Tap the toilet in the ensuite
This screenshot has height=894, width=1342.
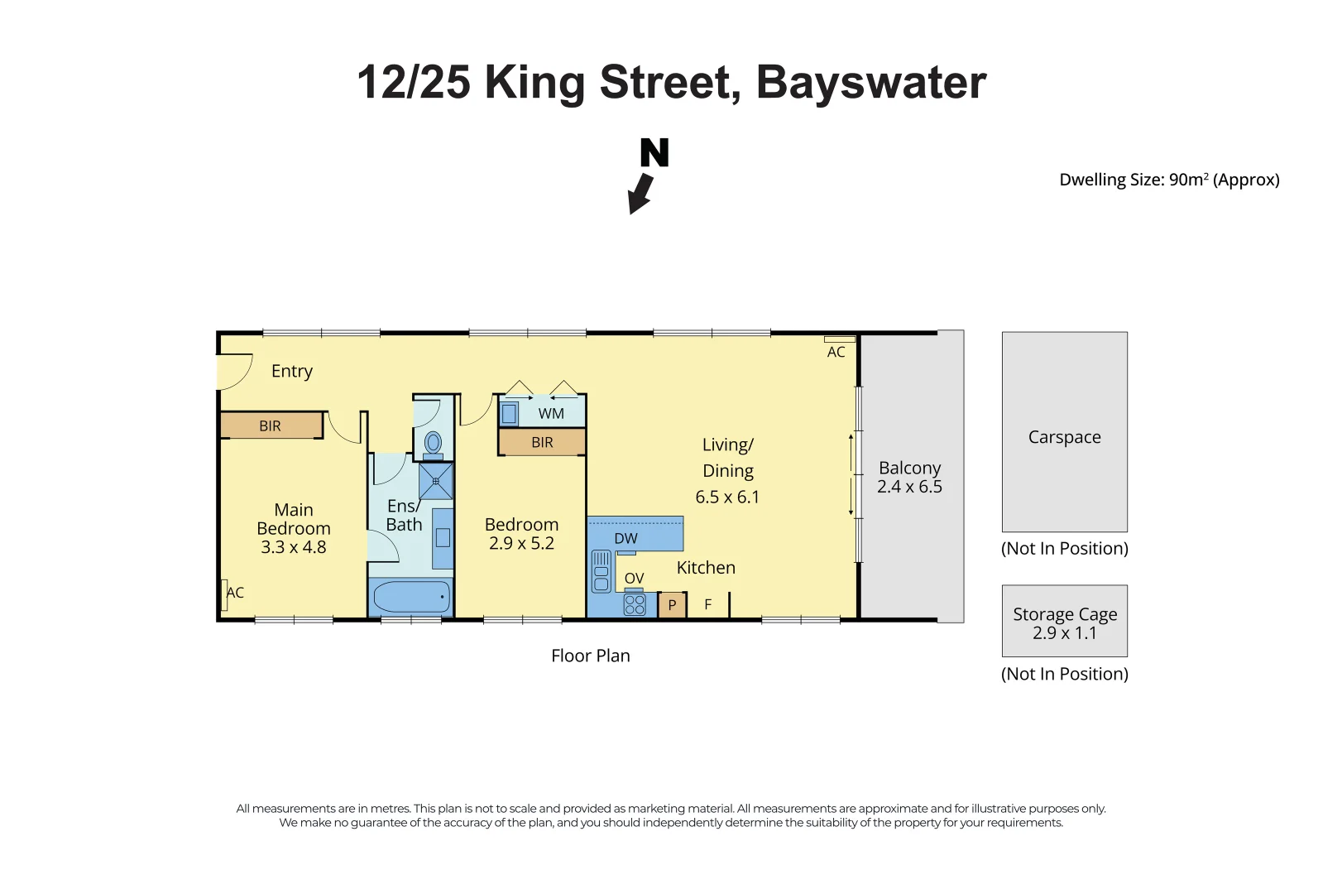coord(433,444)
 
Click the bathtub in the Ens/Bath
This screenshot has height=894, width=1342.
coord(411,596)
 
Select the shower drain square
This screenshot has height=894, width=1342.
coord(436,481)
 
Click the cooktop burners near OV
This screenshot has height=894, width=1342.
coord(635,604)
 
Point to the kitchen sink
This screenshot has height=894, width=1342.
coord(602,572)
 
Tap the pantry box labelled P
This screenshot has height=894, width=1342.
coord(672,605)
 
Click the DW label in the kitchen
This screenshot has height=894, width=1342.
coord(626,538)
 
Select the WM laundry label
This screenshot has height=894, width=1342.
coord(551,413)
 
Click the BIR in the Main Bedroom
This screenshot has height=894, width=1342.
coord(271,425)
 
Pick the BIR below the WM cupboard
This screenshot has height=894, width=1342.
coord(542,442)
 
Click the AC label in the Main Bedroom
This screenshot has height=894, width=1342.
coord(235,593)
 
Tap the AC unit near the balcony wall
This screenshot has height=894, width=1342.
coord(839,339)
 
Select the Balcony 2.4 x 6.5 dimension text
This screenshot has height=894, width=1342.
coord(909,487)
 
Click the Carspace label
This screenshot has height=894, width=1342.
coord(1064,437)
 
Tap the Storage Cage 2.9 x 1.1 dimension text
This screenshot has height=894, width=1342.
coord(1064,633)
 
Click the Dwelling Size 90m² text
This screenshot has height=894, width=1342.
coord(1168,180)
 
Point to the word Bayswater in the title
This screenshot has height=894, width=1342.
coord(870,83)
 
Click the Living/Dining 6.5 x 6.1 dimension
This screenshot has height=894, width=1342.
coord(727,497)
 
